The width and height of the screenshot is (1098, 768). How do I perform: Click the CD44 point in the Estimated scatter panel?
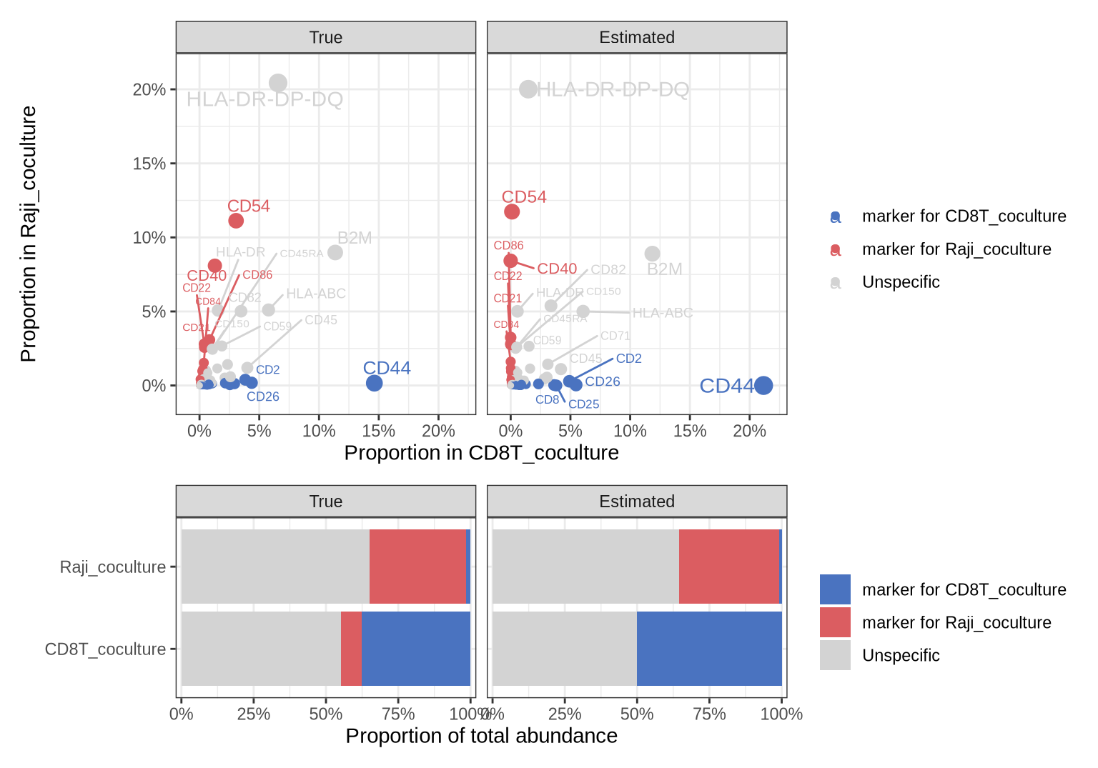point(763,386)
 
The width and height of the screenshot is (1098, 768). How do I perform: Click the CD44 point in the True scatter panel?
point(374,383)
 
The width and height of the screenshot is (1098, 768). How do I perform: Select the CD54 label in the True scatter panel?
point(249,206)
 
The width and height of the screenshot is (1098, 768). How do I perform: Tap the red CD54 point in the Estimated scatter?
point(512,211)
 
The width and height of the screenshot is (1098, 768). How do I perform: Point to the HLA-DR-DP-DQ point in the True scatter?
point(278,83)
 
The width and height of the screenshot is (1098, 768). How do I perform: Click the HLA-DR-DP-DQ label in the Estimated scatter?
point(613,90)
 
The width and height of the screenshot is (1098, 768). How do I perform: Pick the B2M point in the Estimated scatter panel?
point(652,254)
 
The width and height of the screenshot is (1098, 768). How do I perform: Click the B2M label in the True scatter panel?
point(355,238)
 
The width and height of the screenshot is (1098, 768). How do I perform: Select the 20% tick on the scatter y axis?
point(149,90)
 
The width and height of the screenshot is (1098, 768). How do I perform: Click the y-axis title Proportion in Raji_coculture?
point(29,234)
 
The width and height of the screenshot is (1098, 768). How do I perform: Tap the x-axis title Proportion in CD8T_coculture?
point(481,453)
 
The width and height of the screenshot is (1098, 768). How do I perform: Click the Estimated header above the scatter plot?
point(636,37)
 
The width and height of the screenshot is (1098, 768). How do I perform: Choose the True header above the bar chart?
point(325,502)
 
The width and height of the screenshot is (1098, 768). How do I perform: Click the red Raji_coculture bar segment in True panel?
point(417,567)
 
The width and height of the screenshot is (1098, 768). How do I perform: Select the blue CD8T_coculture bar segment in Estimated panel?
point(709,649)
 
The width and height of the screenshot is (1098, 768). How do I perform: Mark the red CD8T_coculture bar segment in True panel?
point(351,649)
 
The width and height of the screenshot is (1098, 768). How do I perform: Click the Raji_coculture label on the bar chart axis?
point(112,567)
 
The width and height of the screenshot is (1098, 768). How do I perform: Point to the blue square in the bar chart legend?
point(835,589)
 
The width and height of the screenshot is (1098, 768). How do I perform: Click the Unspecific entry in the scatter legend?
point(901,282)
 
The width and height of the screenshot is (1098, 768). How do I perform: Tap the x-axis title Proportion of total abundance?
point(481,736)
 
